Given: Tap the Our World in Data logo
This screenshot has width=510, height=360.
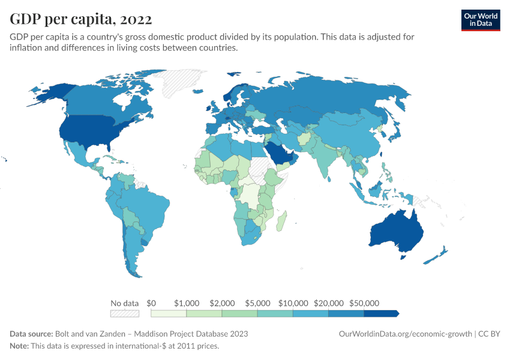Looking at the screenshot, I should [x=480, y=20].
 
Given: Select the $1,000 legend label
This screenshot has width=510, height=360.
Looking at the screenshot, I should [x=187, y=302].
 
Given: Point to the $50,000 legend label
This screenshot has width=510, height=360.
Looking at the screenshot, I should [x=364, y=302].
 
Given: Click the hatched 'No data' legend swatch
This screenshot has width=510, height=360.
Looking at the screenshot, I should [x=125, y=313].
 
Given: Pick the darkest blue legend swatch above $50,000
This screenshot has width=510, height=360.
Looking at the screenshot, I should [x=380, y=313].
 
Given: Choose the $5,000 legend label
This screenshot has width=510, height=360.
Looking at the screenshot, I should [x=257, y=302].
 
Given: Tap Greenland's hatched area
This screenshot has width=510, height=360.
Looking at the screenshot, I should [x=183, y=84].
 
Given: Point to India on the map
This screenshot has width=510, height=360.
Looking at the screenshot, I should [x=327, y=159].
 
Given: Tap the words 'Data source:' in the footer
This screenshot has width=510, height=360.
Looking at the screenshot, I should [x=31, y=334].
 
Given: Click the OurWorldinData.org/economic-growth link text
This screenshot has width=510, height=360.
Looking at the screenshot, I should [x=405, y=334].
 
